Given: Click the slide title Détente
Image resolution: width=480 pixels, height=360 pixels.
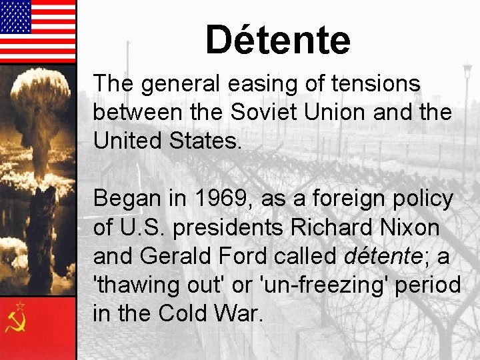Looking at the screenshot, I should coord(277,39).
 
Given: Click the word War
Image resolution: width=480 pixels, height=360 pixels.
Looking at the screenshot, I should coord(239,313).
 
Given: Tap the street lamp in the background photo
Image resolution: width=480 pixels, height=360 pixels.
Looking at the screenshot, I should coord(467,70).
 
